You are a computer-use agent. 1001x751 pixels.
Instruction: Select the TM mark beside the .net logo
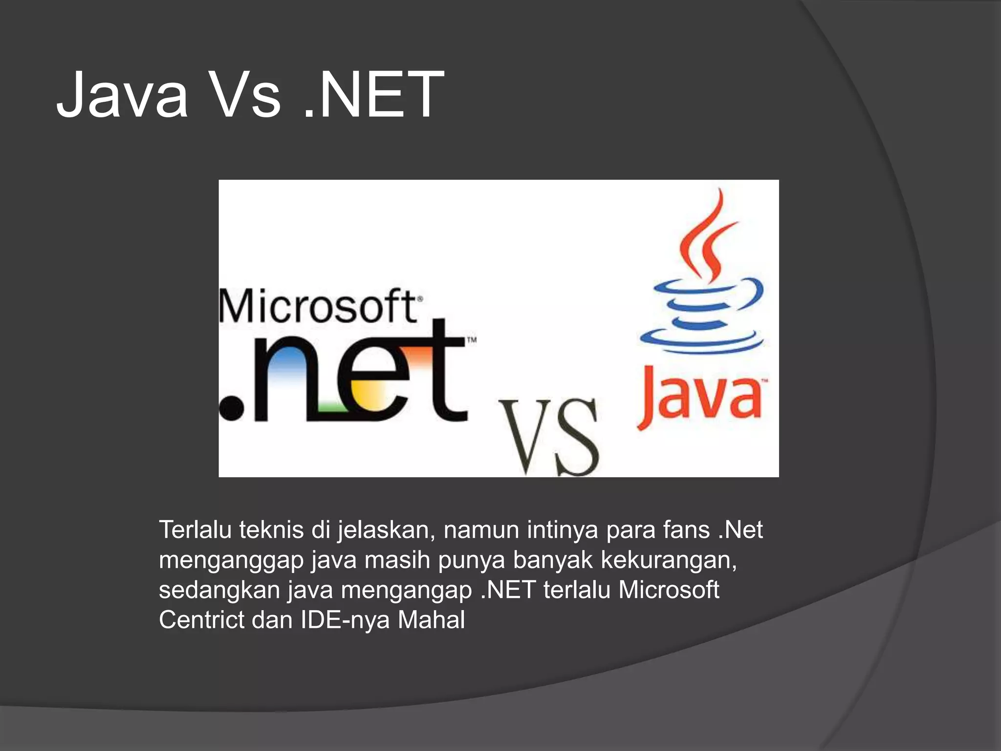click(x=472, y=340)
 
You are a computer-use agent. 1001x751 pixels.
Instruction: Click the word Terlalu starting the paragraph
click(x=195, y=530)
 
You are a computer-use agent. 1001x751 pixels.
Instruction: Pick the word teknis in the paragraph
click(x=271, y=530)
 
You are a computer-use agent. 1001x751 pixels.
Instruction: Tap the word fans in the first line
click(x=686, y=530)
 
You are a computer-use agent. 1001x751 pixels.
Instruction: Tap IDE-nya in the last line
click(x=345, y=620)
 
